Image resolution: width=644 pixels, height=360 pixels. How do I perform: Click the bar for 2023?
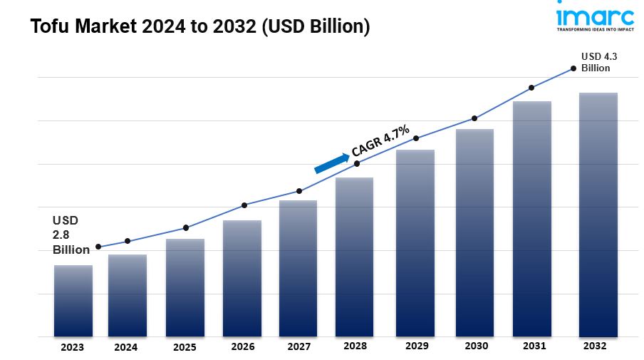pos(73,301)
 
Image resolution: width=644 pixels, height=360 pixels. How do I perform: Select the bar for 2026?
pos(241,278)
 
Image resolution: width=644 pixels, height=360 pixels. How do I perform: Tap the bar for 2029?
pos(415,242)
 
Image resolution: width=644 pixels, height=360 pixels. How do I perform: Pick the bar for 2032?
pos(598,214)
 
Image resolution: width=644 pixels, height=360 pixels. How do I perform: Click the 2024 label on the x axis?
pos(125,347)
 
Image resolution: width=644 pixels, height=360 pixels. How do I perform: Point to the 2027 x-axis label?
pos(298,346)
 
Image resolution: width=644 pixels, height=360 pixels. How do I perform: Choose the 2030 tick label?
pos(476,346)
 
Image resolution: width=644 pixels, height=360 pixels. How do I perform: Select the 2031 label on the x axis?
pos(534,346)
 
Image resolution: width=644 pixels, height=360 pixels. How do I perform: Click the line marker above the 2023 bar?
pos(98,247)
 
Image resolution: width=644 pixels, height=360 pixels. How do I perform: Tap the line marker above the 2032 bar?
pos(573,68)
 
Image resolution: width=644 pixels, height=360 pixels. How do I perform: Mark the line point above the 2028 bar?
pos(357,163)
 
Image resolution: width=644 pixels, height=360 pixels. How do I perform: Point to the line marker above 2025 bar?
pos(186,227)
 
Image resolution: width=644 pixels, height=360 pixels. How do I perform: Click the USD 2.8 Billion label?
pos(70,235)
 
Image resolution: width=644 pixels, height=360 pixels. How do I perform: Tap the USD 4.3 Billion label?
pos(596,62)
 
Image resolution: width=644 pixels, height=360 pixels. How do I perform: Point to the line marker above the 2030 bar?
pos(474,118)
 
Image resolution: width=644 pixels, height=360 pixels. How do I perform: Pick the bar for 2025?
pos(185,287)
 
